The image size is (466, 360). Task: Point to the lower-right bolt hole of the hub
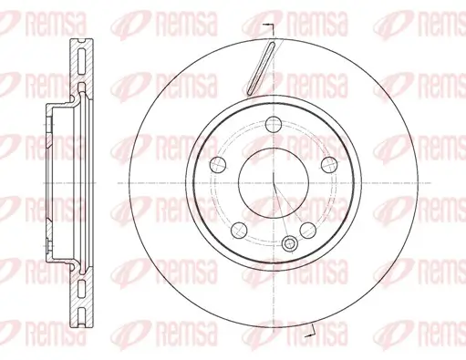click(x=309, y=227)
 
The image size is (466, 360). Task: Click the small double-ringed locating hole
click(x=290, y=242)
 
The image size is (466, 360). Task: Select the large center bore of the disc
click(x=273, y=180)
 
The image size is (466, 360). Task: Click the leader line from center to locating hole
click(x=282, y=212)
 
